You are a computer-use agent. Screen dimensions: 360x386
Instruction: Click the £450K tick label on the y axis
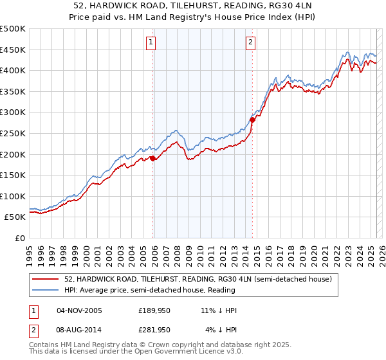13,50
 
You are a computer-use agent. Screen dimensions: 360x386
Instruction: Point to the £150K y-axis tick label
13,175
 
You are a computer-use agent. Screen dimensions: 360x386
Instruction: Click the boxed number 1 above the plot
151,43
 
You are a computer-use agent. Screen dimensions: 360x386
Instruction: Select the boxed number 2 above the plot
250,43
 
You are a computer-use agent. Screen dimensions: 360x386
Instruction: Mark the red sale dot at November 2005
152,158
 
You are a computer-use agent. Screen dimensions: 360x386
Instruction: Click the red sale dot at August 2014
252,120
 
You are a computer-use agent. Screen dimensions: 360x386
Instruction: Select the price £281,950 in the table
154,329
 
